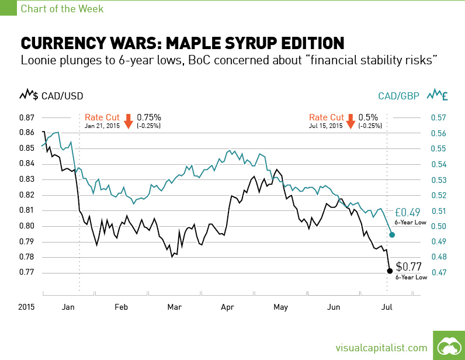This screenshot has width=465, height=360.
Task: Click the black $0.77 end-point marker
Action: tap(390, 271)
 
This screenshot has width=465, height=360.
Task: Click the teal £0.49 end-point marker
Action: tap(392, 234)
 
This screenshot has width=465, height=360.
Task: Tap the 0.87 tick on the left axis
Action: tap(27, 117)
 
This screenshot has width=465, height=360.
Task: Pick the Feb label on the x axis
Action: tap(121, 306)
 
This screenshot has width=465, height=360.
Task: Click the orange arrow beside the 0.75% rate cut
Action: tap(128, 121)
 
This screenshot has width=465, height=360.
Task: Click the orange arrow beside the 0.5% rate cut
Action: tap(351, 121)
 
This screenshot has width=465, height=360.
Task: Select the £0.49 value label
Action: tap(407, 212)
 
